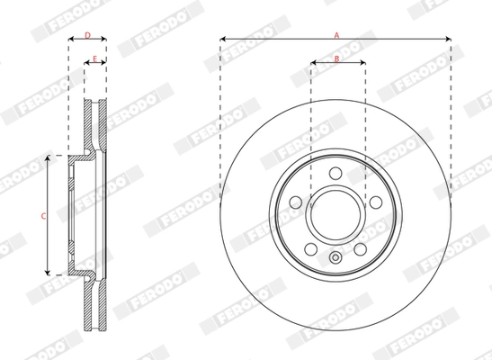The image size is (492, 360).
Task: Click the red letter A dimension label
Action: point(336,32)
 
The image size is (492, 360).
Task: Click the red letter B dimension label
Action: point(336,58)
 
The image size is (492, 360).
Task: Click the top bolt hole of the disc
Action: point(336,175)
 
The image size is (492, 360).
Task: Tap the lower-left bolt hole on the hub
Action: point(310,248)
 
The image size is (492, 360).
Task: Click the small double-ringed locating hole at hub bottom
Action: point(336,260)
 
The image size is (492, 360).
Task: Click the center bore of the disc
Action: point(336,215)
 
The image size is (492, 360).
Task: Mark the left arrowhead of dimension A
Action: point(221,39)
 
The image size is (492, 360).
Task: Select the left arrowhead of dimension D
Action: point(70,40)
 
